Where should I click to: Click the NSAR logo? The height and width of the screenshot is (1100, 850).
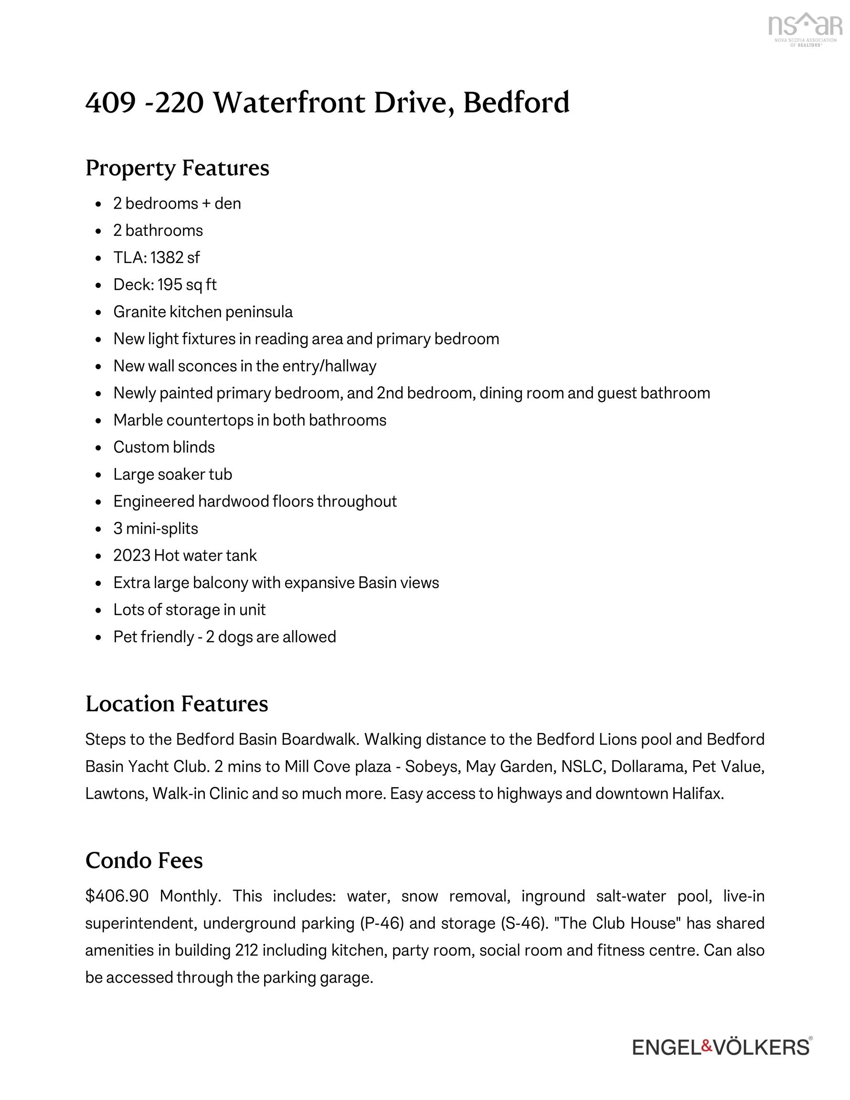(x=805, y=29)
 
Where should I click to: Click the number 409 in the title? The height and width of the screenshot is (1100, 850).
(x=111, y=103)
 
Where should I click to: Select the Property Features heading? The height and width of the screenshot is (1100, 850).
(x=177, y=168)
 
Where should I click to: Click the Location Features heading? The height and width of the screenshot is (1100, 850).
(x=177, y=704)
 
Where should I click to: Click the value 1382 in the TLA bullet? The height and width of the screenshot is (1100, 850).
(x=167, y=258)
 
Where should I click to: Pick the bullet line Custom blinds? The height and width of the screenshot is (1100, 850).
(x=164, y=447)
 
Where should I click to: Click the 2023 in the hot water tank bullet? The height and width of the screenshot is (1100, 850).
(x=132, y=556)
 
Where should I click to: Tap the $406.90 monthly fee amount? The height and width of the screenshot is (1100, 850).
(x=117, y=896)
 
